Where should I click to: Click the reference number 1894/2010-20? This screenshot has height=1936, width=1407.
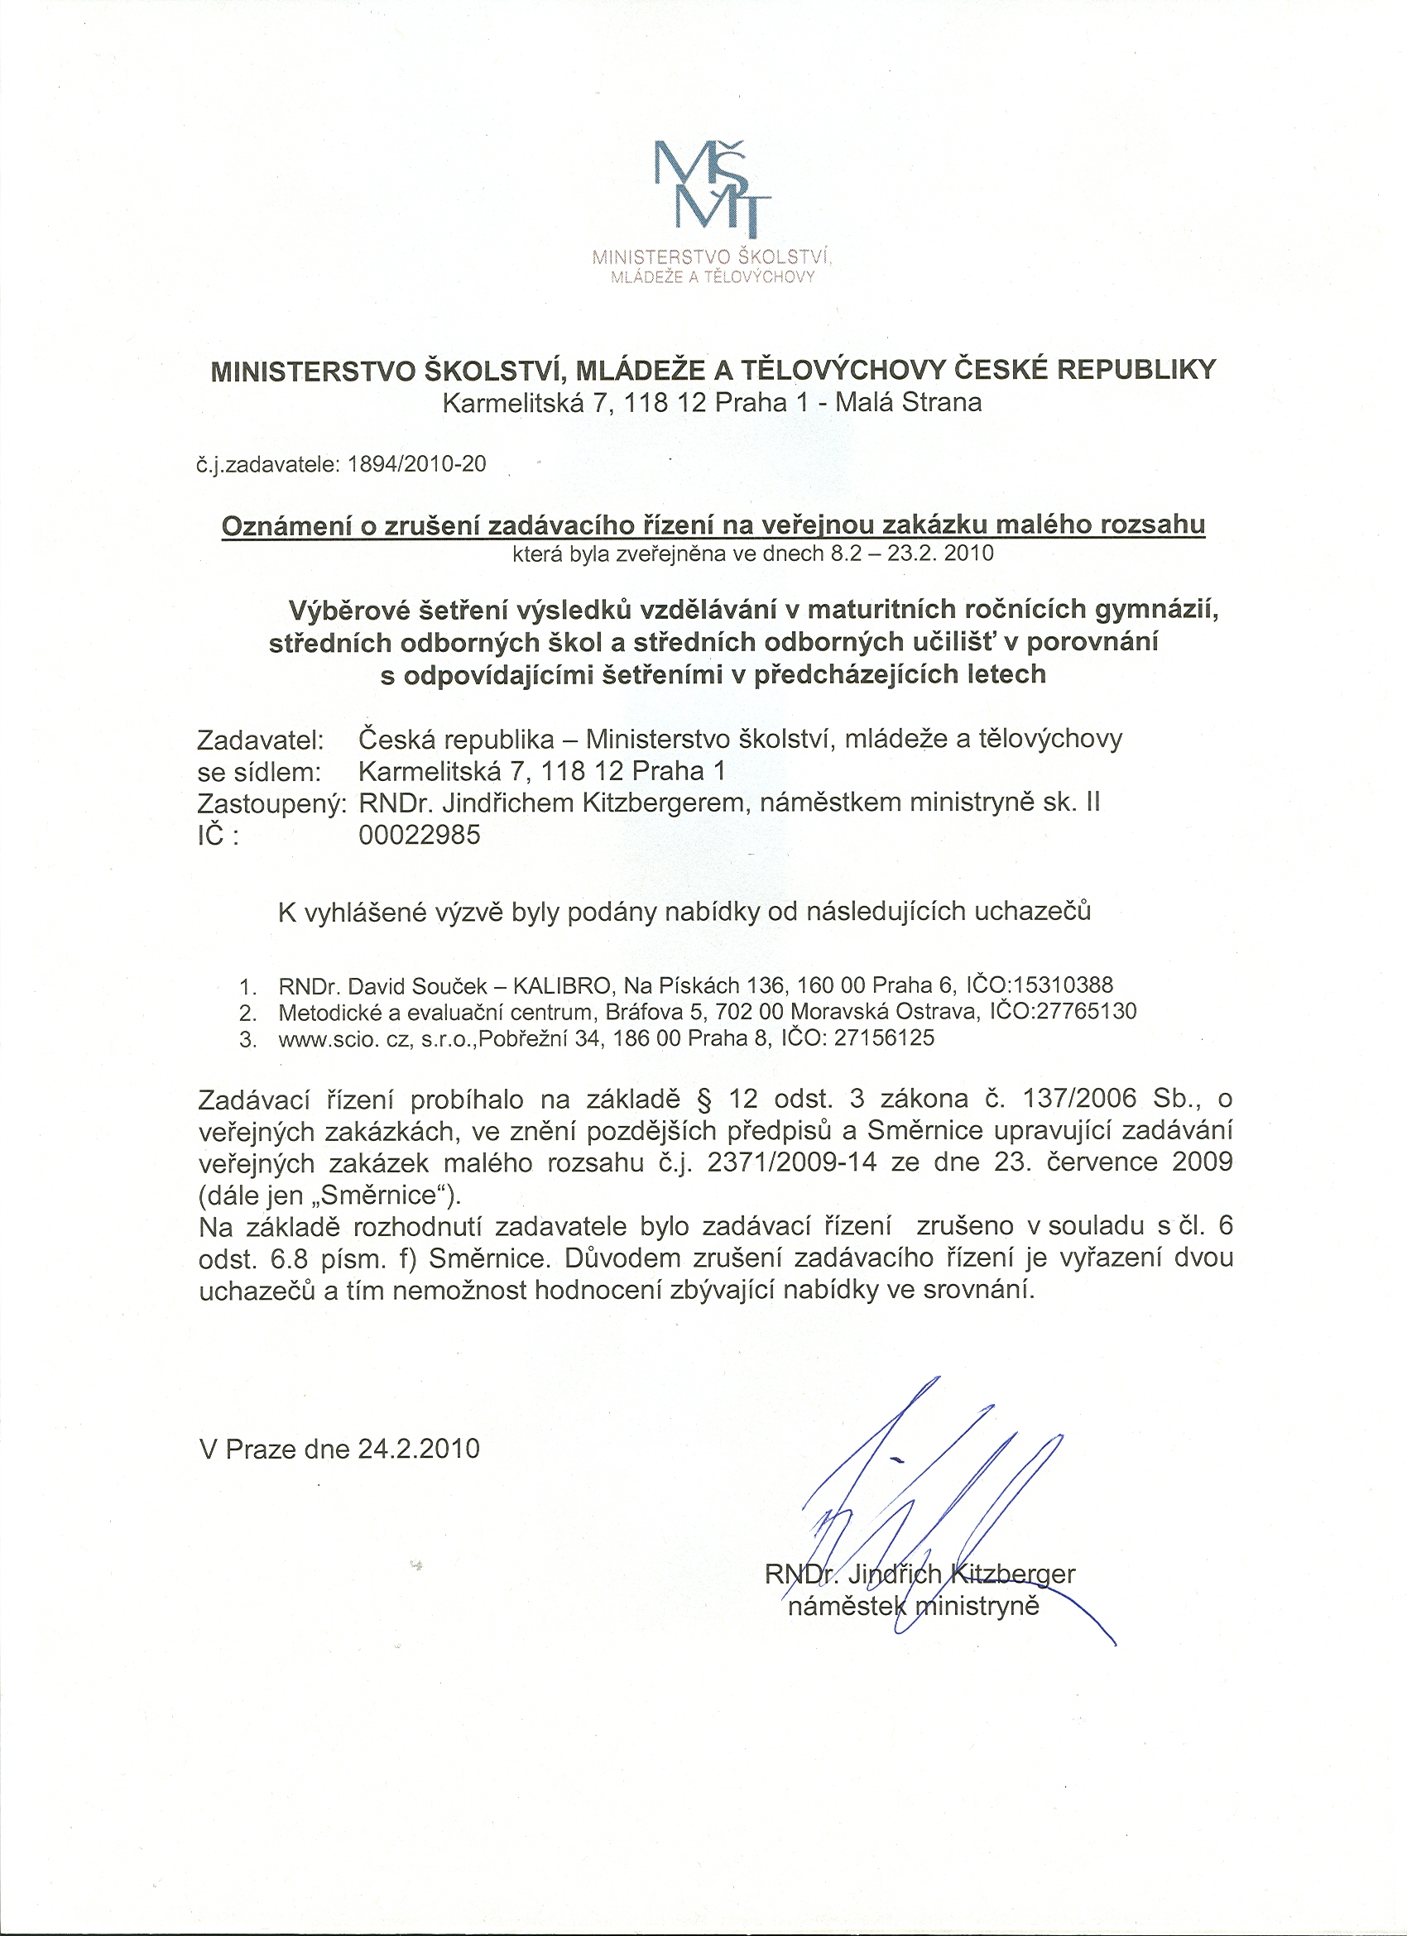click(x=417, y=464)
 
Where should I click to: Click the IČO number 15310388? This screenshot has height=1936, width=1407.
click(x=1065, y=986)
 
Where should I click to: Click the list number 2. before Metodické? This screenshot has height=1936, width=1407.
click(x=248, y=1014)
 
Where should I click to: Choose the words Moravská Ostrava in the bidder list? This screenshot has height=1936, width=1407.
click(x=886, y=1012)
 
